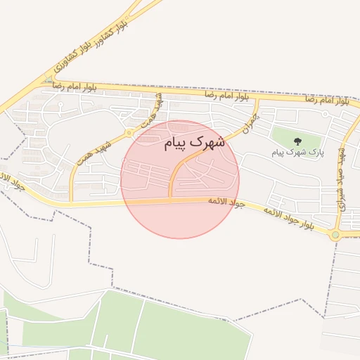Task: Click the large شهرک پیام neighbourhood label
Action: pos(195,142)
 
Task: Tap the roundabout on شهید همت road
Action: pos(129,132)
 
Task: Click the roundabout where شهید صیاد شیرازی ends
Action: pos(336,235)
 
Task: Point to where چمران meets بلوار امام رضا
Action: pos(258,99)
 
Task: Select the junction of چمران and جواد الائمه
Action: pos(171,201)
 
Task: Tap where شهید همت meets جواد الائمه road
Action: pos(71,202)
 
